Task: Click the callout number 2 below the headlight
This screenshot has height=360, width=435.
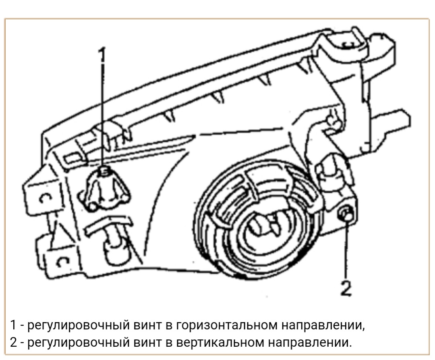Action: click(x=346, y=288)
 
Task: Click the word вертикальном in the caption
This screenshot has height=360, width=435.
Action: click(x=220, y=343)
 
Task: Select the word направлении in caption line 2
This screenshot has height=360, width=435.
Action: click(x=310, y=343)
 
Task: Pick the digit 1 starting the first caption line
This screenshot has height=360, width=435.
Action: click(x=13, y=325)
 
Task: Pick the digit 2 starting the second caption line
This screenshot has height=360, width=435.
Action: click(x=13, y=343)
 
